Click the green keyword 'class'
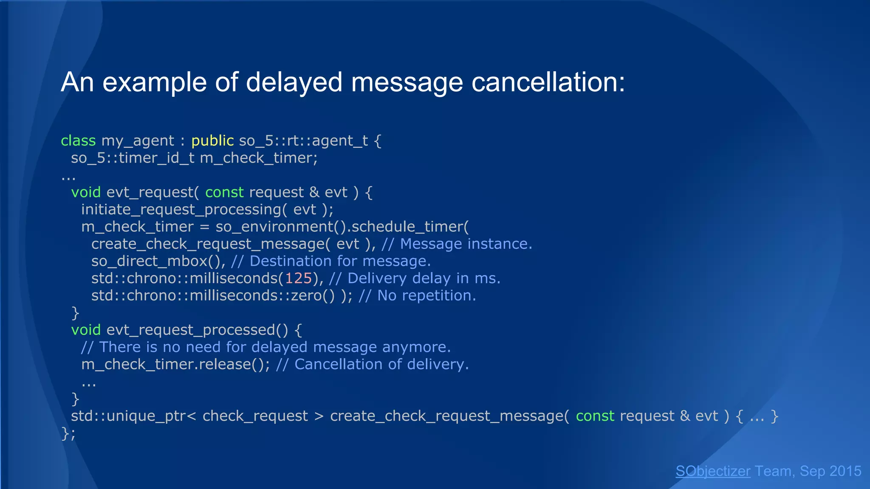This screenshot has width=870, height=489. point(78,141)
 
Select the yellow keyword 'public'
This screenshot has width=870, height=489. point(212,141)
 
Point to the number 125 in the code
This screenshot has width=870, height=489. point(298,278)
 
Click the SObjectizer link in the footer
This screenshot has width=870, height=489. point(713,471)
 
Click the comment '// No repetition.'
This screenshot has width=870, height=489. point(417,295)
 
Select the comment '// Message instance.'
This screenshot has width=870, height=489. point(457,244)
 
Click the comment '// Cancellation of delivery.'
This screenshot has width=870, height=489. point(372,365)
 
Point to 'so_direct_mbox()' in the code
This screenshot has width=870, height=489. point(158,261)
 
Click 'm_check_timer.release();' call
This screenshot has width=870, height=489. point(175,365)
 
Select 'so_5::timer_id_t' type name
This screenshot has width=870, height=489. point(133,158)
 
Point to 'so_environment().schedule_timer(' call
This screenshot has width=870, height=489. point(342,227)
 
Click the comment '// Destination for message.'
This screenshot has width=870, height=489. point(331,261)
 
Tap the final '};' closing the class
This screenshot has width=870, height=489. point(68,433)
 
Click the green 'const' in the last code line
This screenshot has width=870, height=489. point(595,416)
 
